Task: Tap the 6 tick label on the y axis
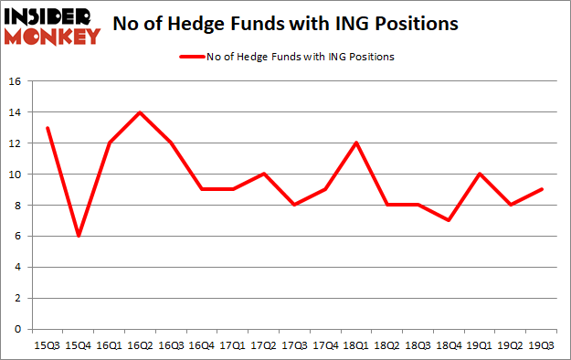pyautogui.click(x=16, y=237)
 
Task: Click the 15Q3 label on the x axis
pyautogui.click(x=47, y=344)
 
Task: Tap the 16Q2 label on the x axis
pyautogui.click(x=140, y=344)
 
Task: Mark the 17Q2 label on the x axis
pyautogui.click(x=263, y=344)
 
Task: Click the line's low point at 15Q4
pyautogui.click(x=78, y=236)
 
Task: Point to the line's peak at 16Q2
pyautogui.click(x=140, y=112)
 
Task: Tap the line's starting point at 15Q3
pyautogui.click(x=47, y=128)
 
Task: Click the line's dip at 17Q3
pyautogui.click(x=294, y=205)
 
